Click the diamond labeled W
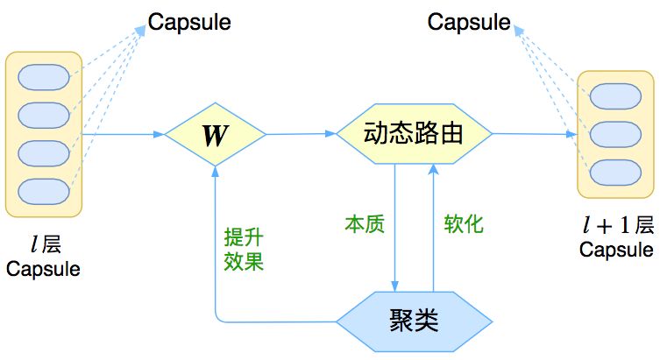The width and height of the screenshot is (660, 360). coord(216,135)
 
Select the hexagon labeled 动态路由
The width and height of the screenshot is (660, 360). coord(414,134)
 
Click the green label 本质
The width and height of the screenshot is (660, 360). coord(364,224)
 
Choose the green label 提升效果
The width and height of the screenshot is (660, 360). coord(243,249)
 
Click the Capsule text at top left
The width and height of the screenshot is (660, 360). coord(189,22)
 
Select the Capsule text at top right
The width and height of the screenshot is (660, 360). coord(469,22)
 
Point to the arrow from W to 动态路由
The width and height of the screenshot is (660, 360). coord(301,134)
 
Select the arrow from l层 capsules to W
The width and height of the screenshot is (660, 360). coord(123,134)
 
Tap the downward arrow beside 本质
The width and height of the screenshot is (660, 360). coord(394,228)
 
